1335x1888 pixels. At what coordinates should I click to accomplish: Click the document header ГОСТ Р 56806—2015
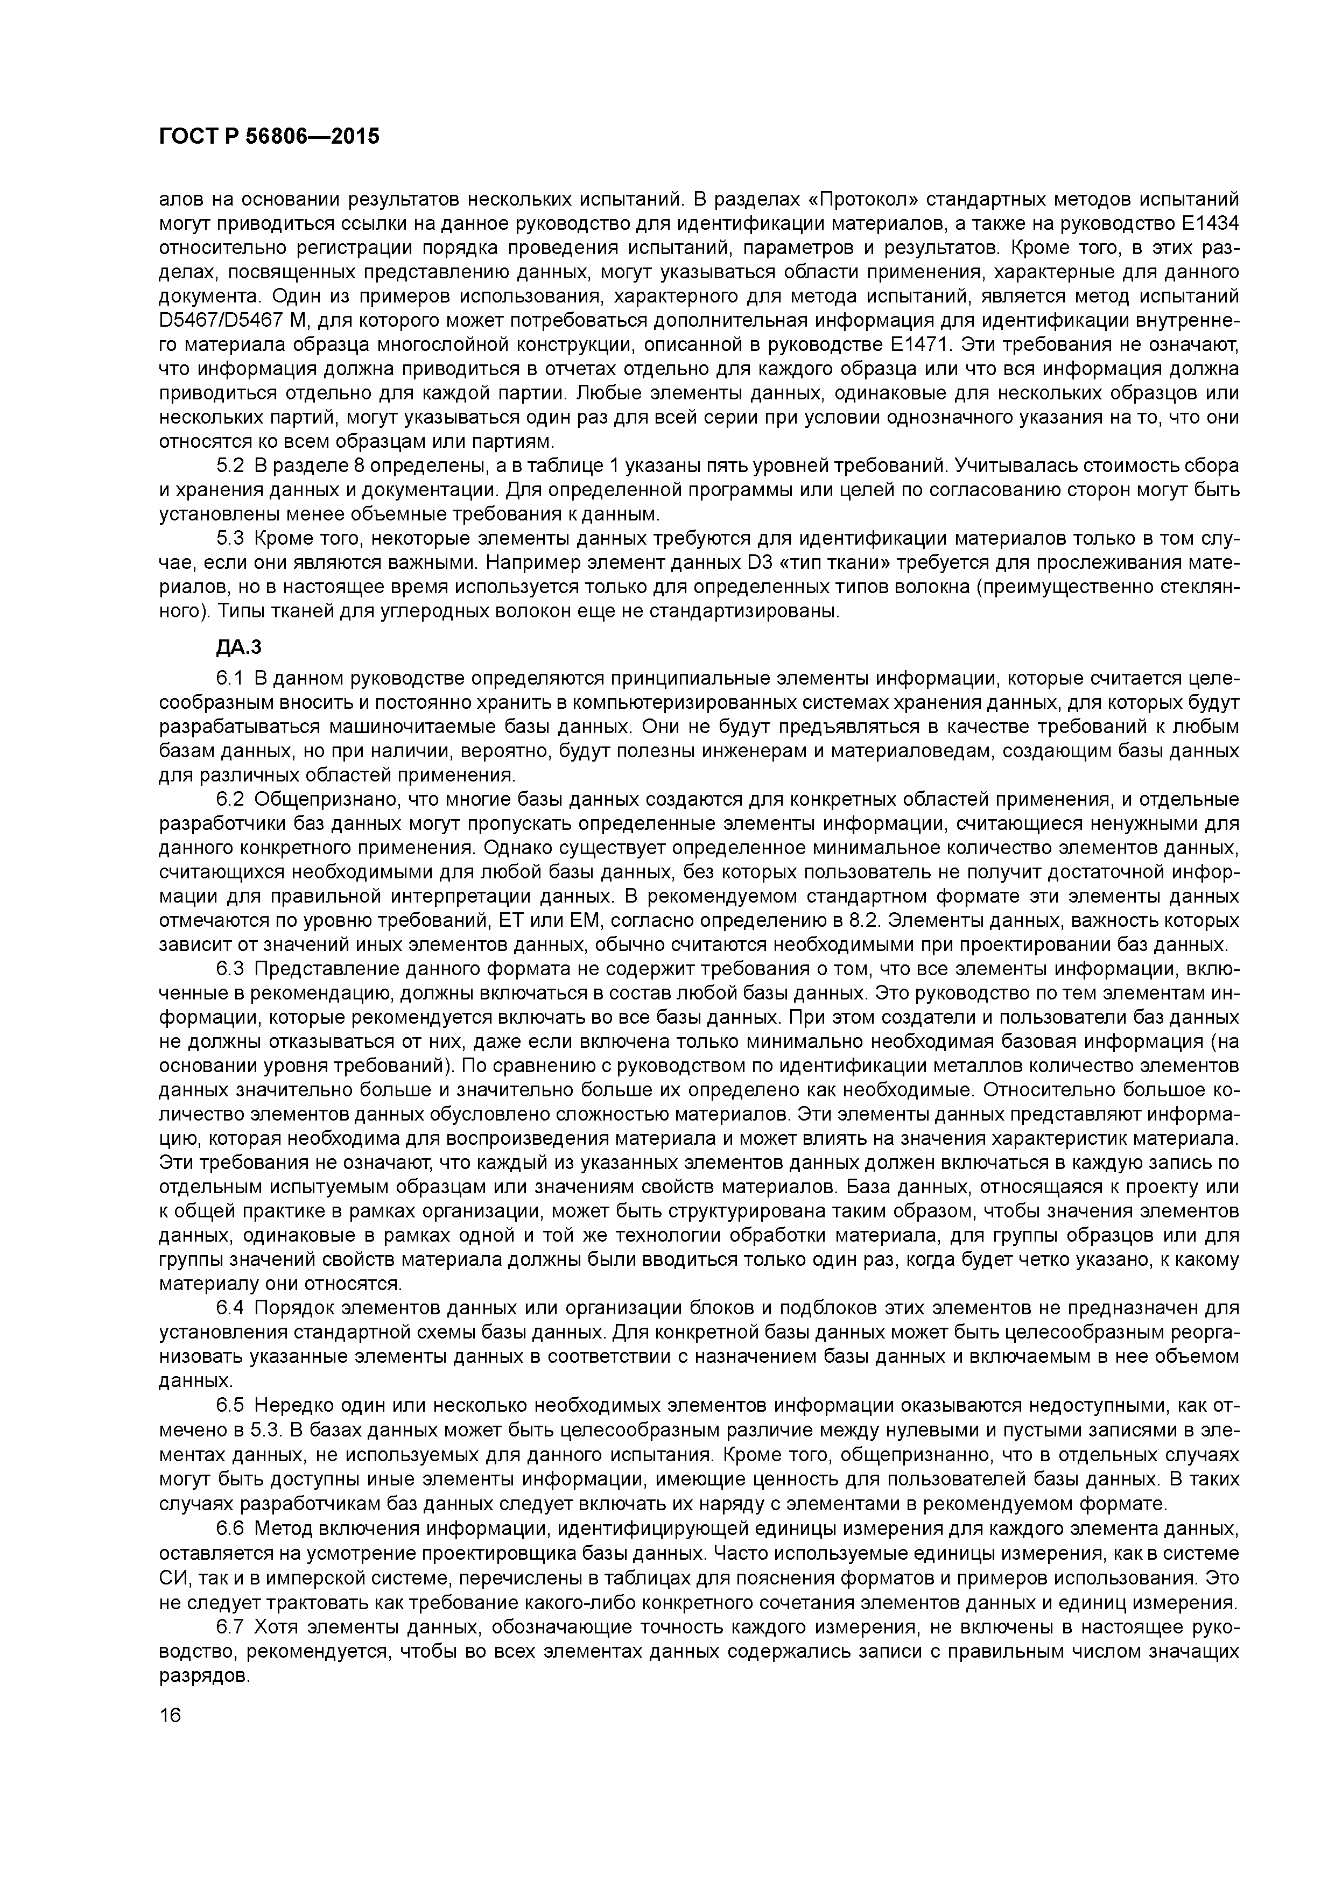(269, 137)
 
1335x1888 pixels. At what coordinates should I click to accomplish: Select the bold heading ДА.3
(238, 648)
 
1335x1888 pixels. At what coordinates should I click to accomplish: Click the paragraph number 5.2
(230, 466)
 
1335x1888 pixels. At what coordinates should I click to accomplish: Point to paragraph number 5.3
(230, 539)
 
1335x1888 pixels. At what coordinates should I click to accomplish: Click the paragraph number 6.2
(230, 799)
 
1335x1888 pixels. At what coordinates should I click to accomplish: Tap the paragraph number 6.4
(230, 1308)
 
